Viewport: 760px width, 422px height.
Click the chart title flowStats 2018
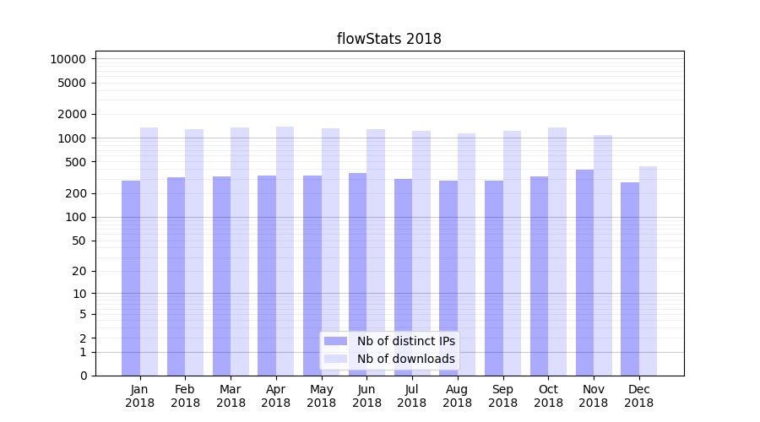(x=388, y=39)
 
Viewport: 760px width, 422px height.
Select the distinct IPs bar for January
(x=131, y=278)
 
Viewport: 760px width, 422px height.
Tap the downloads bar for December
(x=648, y=270)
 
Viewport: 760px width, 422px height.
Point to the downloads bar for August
(x=466, y=254)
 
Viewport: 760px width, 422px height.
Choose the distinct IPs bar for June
(x=357, y=273)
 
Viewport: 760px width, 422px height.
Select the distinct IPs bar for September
(x=493, y=278)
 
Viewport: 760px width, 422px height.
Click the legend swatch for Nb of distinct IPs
(x=335, y=341)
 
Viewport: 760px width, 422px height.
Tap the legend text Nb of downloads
(x=405, y=359)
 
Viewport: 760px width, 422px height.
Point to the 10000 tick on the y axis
(x=68, y=59)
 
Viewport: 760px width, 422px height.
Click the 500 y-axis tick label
(x=74, y=162)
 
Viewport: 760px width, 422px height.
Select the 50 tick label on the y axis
(x=78, y=241)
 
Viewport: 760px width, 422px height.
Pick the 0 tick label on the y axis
(x=83, y=376)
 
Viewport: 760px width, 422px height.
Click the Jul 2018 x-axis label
(x=412, y=396)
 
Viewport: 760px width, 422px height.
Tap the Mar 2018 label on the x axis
(x=231, y=396)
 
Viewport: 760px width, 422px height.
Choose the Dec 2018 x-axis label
(x=638, y=396)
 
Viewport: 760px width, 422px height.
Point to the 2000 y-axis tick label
(x=71, y=114)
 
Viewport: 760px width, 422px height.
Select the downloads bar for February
(x=194, y=252)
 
